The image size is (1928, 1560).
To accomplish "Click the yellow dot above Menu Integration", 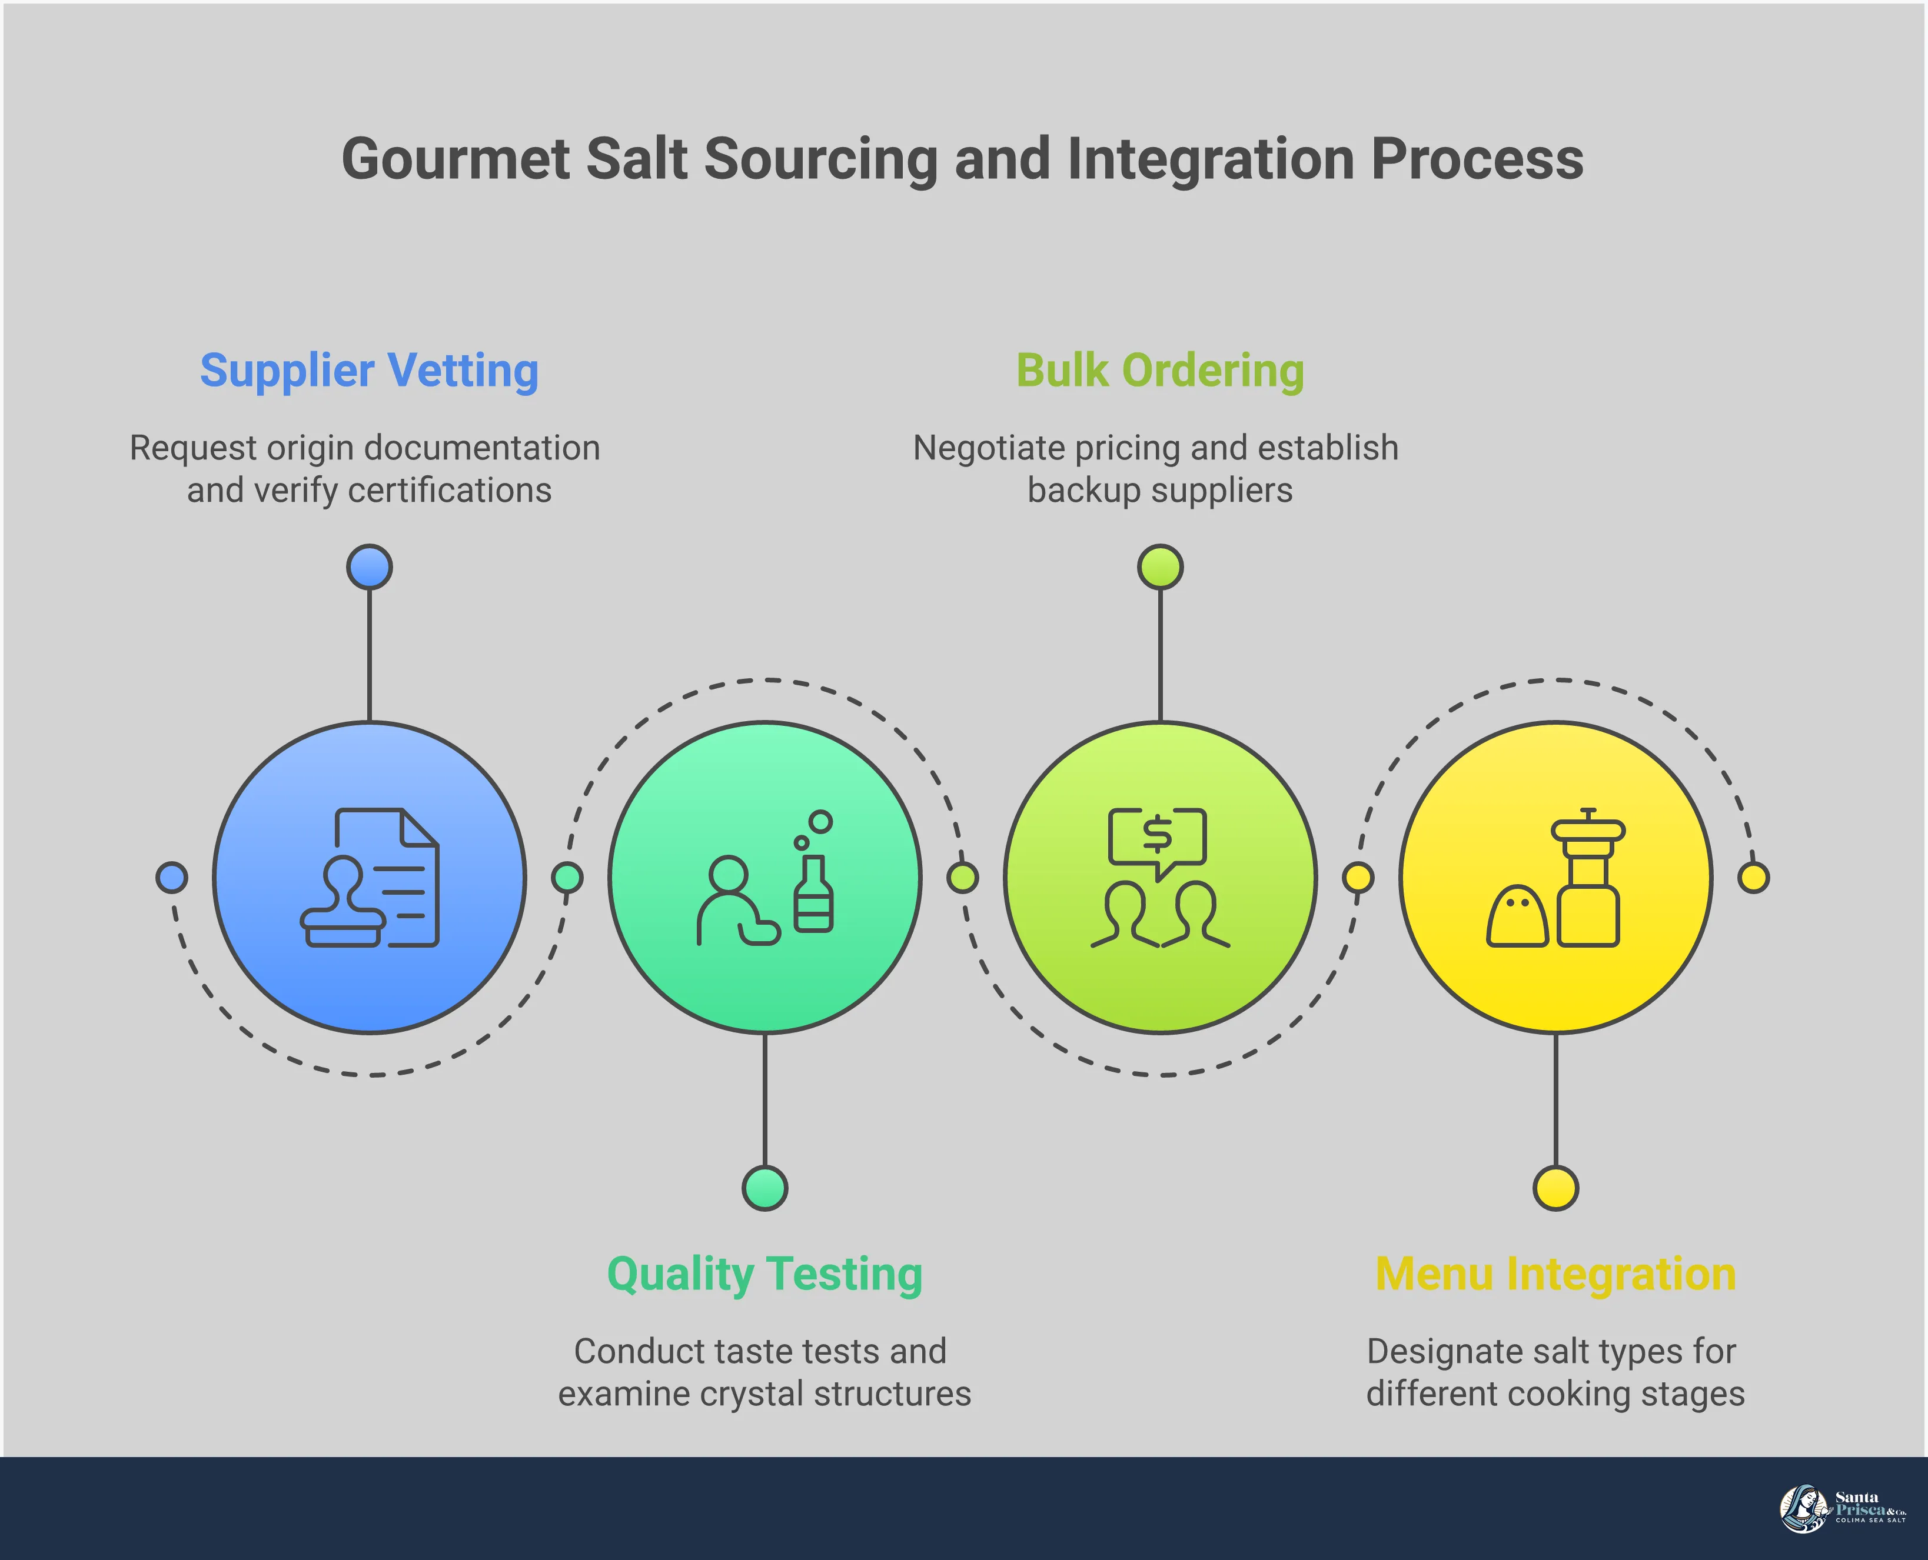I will pos(1555,1188).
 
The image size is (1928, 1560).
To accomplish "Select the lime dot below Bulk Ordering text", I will pos(1159,567).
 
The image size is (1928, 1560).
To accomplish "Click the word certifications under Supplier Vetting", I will pos(450,491).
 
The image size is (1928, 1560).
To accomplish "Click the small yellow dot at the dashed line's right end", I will pos(1753,877).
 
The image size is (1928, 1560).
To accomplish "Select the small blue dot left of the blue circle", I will pos(172,877).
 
